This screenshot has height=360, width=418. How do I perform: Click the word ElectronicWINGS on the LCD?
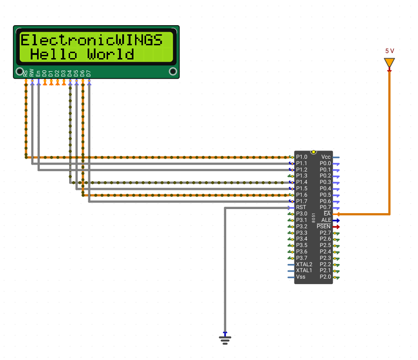click(92, 40)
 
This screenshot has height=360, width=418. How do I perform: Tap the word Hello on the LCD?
click(54, 54)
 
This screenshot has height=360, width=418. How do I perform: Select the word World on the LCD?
click(110, 54)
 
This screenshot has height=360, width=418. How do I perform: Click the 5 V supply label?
click(390, 51)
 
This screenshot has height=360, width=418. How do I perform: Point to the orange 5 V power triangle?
click(389, 62)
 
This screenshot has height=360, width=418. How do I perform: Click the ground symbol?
click(225, 339)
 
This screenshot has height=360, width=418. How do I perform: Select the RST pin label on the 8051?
click(301, 207)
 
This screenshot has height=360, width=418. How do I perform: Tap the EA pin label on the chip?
click(327, 214)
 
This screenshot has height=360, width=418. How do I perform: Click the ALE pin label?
click(326, 220)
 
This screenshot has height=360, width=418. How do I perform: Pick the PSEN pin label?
click(324, 226)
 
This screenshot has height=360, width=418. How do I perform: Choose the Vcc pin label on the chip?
click(326, 157)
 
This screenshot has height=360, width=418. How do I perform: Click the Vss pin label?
click(301, 277)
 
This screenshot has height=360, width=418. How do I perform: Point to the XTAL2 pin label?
click(304, 264)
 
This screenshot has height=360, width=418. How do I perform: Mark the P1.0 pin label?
click(302, 157)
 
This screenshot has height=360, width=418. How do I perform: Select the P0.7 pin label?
click(325, 207)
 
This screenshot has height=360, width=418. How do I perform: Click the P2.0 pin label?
click(325, 277)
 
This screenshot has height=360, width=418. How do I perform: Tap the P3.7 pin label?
click(302, 258)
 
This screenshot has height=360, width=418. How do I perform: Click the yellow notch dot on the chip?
click(314, 152)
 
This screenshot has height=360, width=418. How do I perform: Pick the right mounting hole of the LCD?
click(173, 71)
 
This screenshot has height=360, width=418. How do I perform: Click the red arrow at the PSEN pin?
click(336, 226)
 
